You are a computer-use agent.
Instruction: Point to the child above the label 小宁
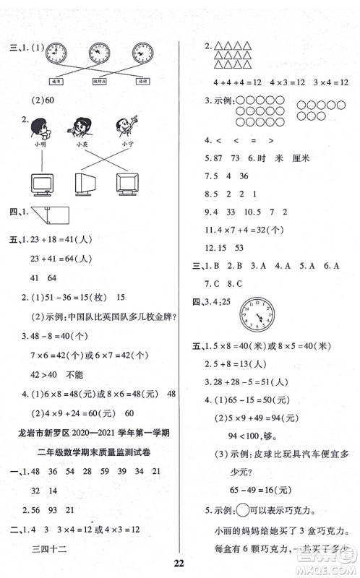[x=127, y=127]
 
